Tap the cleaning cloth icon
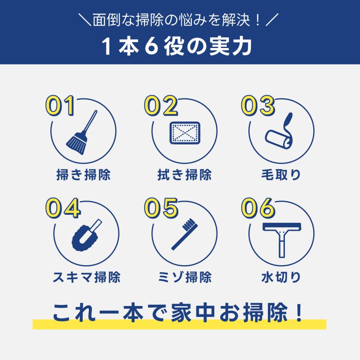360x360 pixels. point(185,133)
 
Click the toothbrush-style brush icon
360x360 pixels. point(184,234)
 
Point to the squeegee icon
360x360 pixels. point(282,240)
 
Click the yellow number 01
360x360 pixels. point(60,106)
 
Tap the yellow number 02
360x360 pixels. point(161,106)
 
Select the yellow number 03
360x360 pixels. point(258,106)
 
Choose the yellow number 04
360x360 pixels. point(63,208)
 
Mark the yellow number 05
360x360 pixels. point(161,208)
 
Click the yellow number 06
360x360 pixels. point(258,208)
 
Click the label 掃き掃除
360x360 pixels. point(84,175)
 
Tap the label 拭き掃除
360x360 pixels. point(184,175)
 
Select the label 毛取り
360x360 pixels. point(281,175)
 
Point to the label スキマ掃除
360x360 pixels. point(86,277)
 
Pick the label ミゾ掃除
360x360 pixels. point(185,277)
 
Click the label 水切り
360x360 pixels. point(281,277)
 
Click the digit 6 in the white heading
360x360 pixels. point(152,46)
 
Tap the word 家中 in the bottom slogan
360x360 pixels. point(193,312)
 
